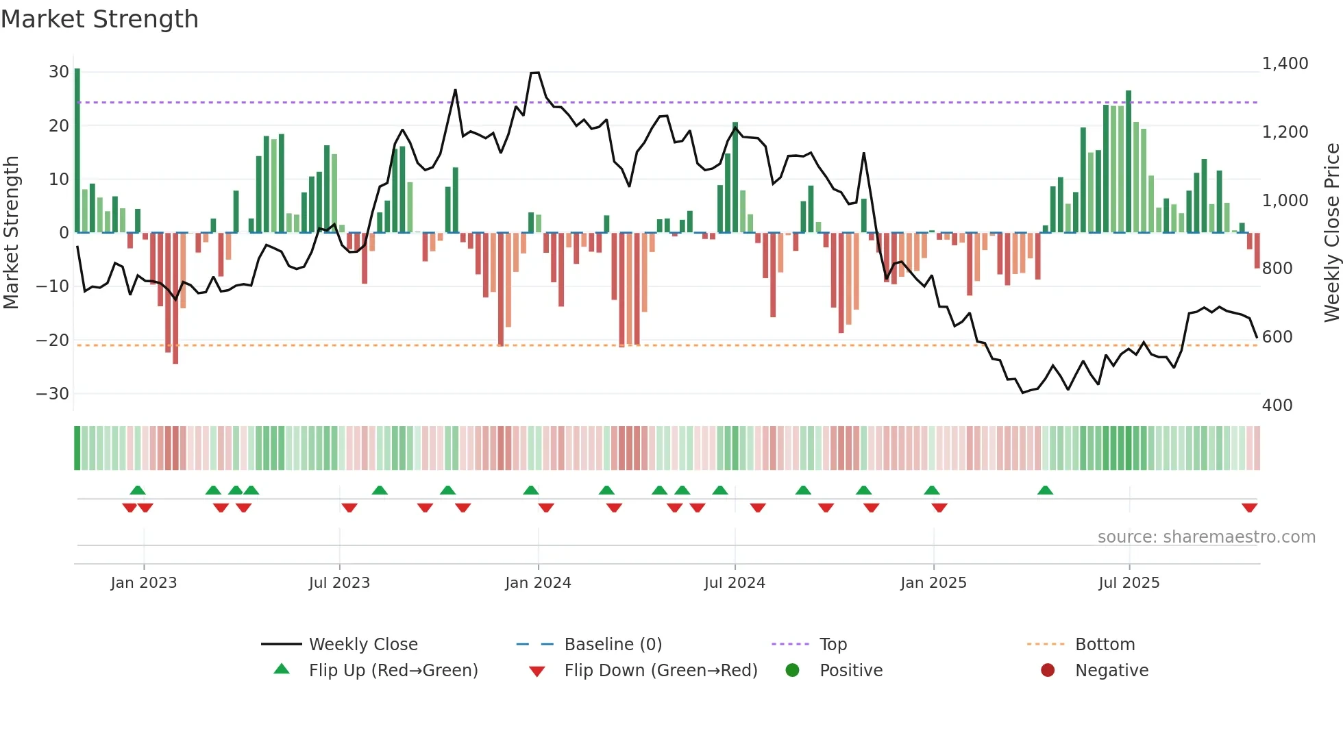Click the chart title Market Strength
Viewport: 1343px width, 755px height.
(99, 19)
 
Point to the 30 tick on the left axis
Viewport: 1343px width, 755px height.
(59, 72)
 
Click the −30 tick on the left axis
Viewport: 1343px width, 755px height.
(53, 394)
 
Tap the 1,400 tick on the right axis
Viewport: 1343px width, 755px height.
(1285, 64)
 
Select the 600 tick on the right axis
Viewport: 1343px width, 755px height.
(1277, 337)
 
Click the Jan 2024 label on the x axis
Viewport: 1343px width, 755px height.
(538, 583)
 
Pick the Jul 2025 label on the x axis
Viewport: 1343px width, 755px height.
(1129, 583)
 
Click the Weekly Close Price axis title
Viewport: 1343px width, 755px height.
(1331, 232)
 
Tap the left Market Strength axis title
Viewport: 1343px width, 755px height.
(11, 232)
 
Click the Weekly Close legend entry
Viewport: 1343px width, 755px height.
(363, 645)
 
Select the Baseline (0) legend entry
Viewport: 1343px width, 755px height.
(613, 645)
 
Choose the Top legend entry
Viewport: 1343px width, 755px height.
(833, 645)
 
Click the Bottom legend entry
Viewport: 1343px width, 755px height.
(1105, 645)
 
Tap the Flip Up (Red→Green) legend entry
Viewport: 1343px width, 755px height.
(393, 671)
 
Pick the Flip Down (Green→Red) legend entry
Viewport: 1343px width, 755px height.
(661, 671)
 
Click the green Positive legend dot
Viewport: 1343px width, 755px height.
(793, 671)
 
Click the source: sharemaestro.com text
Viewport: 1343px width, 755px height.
(1206, 537)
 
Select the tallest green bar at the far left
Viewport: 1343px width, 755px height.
(77, 151)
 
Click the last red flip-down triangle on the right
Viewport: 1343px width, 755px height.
(1249, 508)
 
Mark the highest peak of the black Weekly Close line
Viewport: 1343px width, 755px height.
(535, 73)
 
